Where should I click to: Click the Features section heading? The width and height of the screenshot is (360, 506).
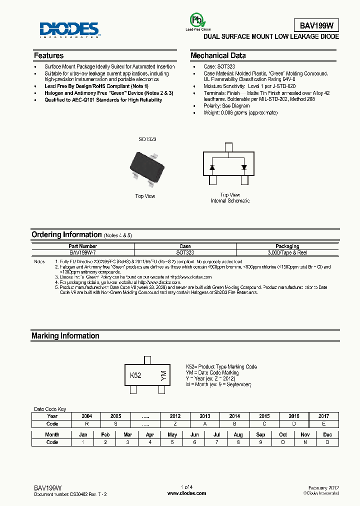point(48,55)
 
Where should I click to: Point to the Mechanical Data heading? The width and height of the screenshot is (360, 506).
point(218,55)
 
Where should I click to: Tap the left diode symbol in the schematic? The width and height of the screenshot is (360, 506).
point(212,167)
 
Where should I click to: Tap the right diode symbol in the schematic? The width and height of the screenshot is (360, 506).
point(244,167)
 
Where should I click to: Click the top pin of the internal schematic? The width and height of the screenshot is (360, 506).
point(228,147)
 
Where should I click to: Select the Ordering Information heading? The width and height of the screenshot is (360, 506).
point(66,234)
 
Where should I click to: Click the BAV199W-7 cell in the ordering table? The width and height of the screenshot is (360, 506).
point(83,253)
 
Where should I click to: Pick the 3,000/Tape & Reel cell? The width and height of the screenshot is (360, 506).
point(287,253)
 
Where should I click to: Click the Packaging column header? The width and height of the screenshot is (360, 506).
point(287,246)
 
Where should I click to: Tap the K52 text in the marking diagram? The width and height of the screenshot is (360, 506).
point(136,375)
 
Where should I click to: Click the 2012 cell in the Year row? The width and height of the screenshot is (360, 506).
point(175,416)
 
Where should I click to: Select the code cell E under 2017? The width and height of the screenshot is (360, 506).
point(323,423)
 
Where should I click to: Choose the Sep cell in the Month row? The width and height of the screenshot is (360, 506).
point(260,434)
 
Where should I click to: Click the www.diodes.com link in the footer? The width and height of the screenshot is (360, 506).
point(187,493)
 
